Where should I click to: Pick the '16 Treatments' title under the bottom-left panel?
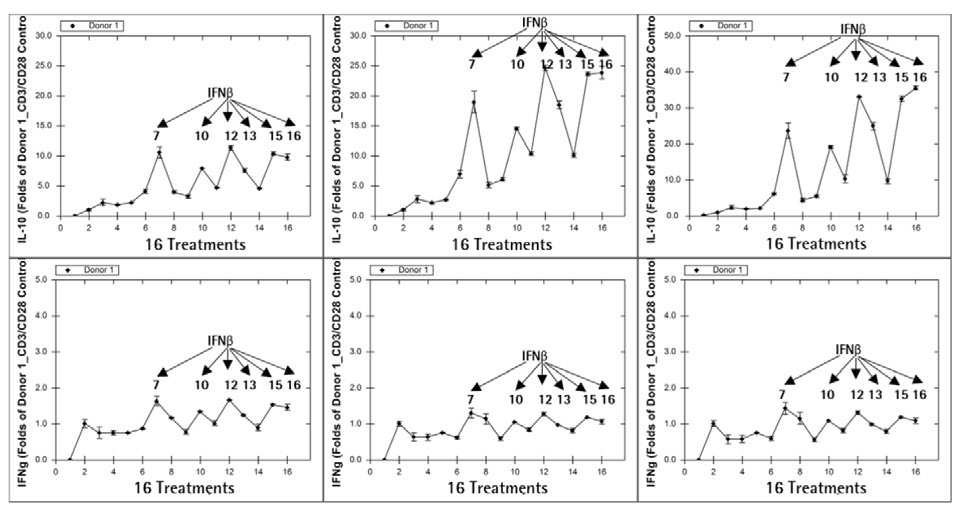[173, 488]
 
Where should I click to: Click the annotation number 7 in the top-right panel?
[786, 77]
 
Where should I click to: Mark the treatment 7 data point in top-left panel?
[158, 153]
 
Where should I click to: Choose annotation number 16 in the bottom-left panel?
[293, 385]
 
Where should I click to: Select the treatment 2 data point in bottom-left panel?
[85, 423]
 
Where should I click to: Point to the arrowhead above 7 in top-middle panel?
[476, 54]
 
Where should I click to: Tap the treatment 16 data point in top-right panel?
[915, 88]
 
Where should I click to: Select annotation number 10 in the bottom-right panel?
[831, 395]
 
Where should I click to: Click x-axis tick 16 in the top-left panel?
[288, 226]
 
